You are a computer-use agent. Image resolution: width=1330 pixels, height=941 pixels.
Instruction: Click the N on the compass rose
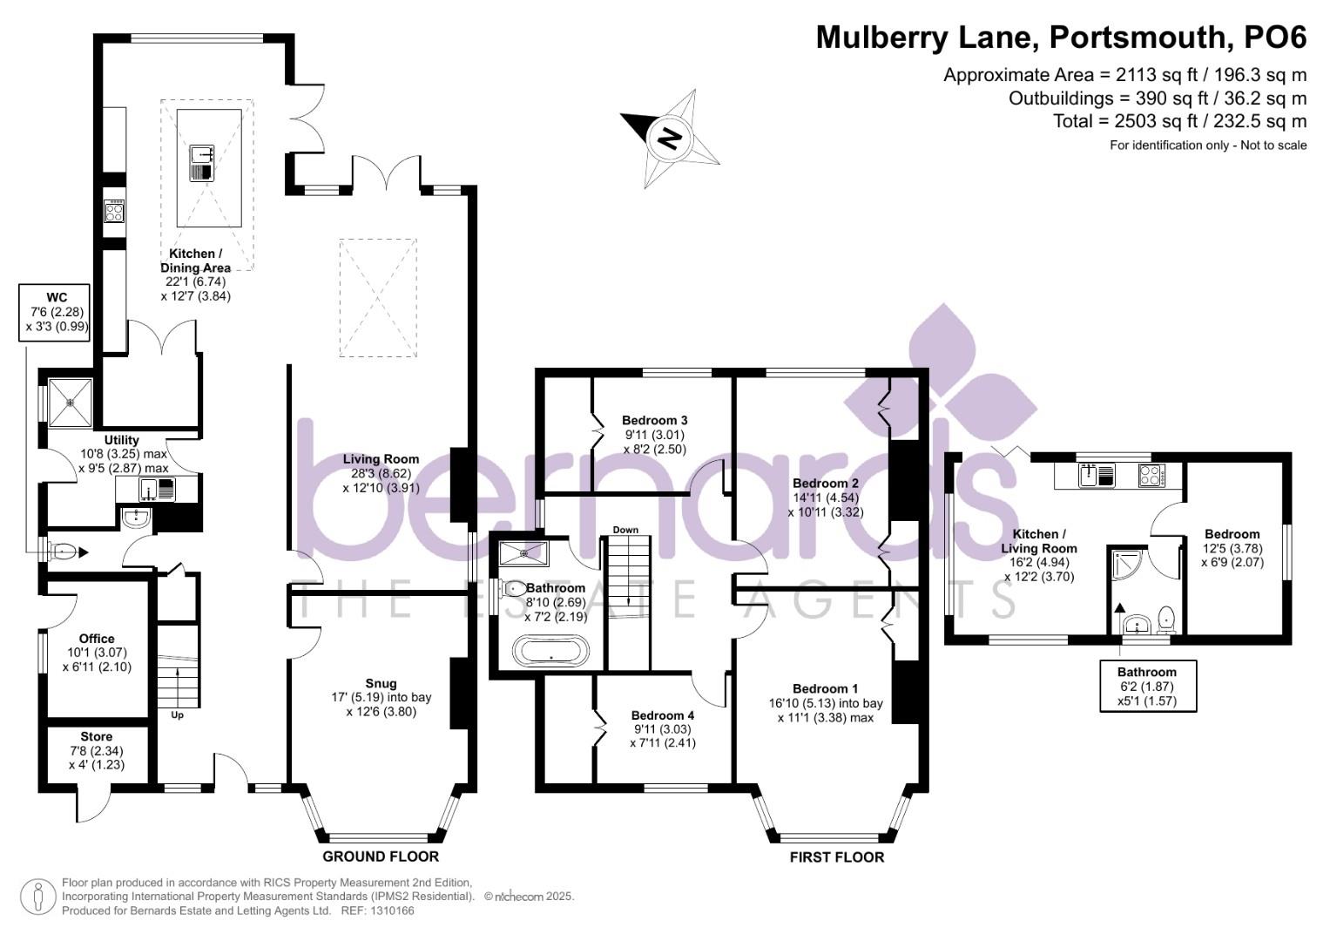pos(670,139)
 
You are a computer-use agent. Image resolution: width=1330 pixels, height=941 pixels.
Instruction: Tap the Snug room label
pos(381,684)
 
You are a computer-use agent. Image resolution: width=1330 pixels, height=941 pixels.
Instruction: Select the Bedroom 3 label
pos(654,421)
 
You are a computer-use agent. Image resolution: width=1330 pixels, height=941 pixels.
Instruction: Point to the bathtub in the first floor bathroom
pos(551,652)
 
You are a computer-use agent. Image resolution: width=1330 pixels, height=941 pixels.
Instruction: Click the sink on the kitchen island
pos(202,163)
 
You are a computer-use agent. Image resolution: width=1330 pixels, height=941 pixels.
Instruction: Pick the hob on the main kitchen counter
pos(115,211)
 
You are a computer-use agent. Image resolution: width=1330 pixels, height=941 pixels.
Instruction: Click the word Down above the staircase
pos(626,530)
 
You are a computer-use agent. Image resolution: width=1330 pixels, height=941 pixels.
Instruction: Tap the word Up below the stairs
pos(177,715)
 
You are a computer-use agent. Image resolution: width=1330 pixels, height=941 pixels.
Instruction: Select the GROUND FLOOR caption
pos(381,856)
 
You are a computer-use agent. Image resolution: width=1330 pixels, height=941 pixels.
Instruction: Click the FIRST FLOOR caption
pos(837,857)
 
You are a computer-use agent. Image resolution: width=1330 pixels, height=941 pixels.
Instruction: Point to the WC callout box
pos(55,313)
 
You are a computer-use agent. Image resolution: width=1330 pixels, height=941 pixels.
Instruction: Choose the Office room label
pos(97,639)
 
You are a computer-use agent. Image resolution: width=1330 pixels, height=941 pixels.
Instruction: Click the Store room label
pos(96,736)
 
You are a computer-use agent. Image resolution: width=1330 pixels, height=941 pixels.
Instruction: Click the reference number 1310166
pos(393,911)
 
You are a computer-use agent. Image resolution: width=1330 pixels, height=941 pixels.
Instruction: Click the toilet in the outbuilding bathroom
pos(1166,619)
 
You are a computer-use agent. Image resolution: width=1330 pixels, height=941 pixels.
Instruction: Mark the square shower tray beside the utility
pos(71,403)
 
